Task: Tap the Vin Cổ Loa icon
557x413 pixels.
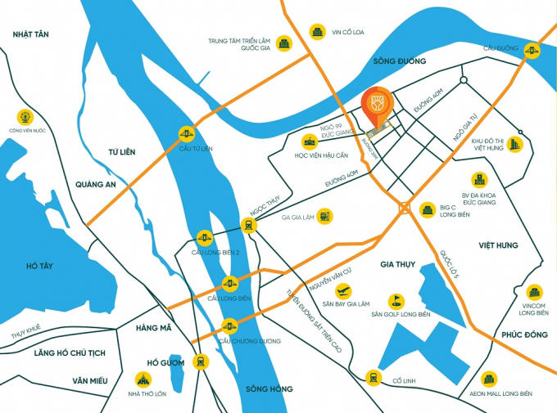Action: (x=317, y=32)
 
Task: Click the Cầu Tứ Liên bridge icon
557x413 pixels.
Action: (x=186, y=133)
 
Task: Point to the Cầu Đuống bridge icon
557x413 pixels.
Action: (x=536, y=51)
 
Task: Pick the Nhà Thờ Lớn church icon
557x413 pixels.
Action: (x=145, y=379)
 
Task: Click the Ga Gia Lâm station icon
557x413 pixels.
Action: (x=325, y=216)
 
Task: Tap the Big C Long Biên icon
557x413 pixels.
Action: (x=427, y=210)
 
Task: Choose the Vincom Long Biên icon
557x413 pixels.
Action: (x=533, y=292)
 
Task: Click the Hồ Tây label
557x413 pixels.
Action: (x=38, y=267)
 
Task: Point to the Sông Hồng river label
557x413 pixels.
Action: (x=269, y=388)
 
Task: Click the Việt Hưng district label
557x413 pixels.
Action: (x=499, y=245)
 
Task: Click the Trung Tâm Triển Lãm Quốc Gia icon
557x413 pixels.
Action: (x=284, y=42)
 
